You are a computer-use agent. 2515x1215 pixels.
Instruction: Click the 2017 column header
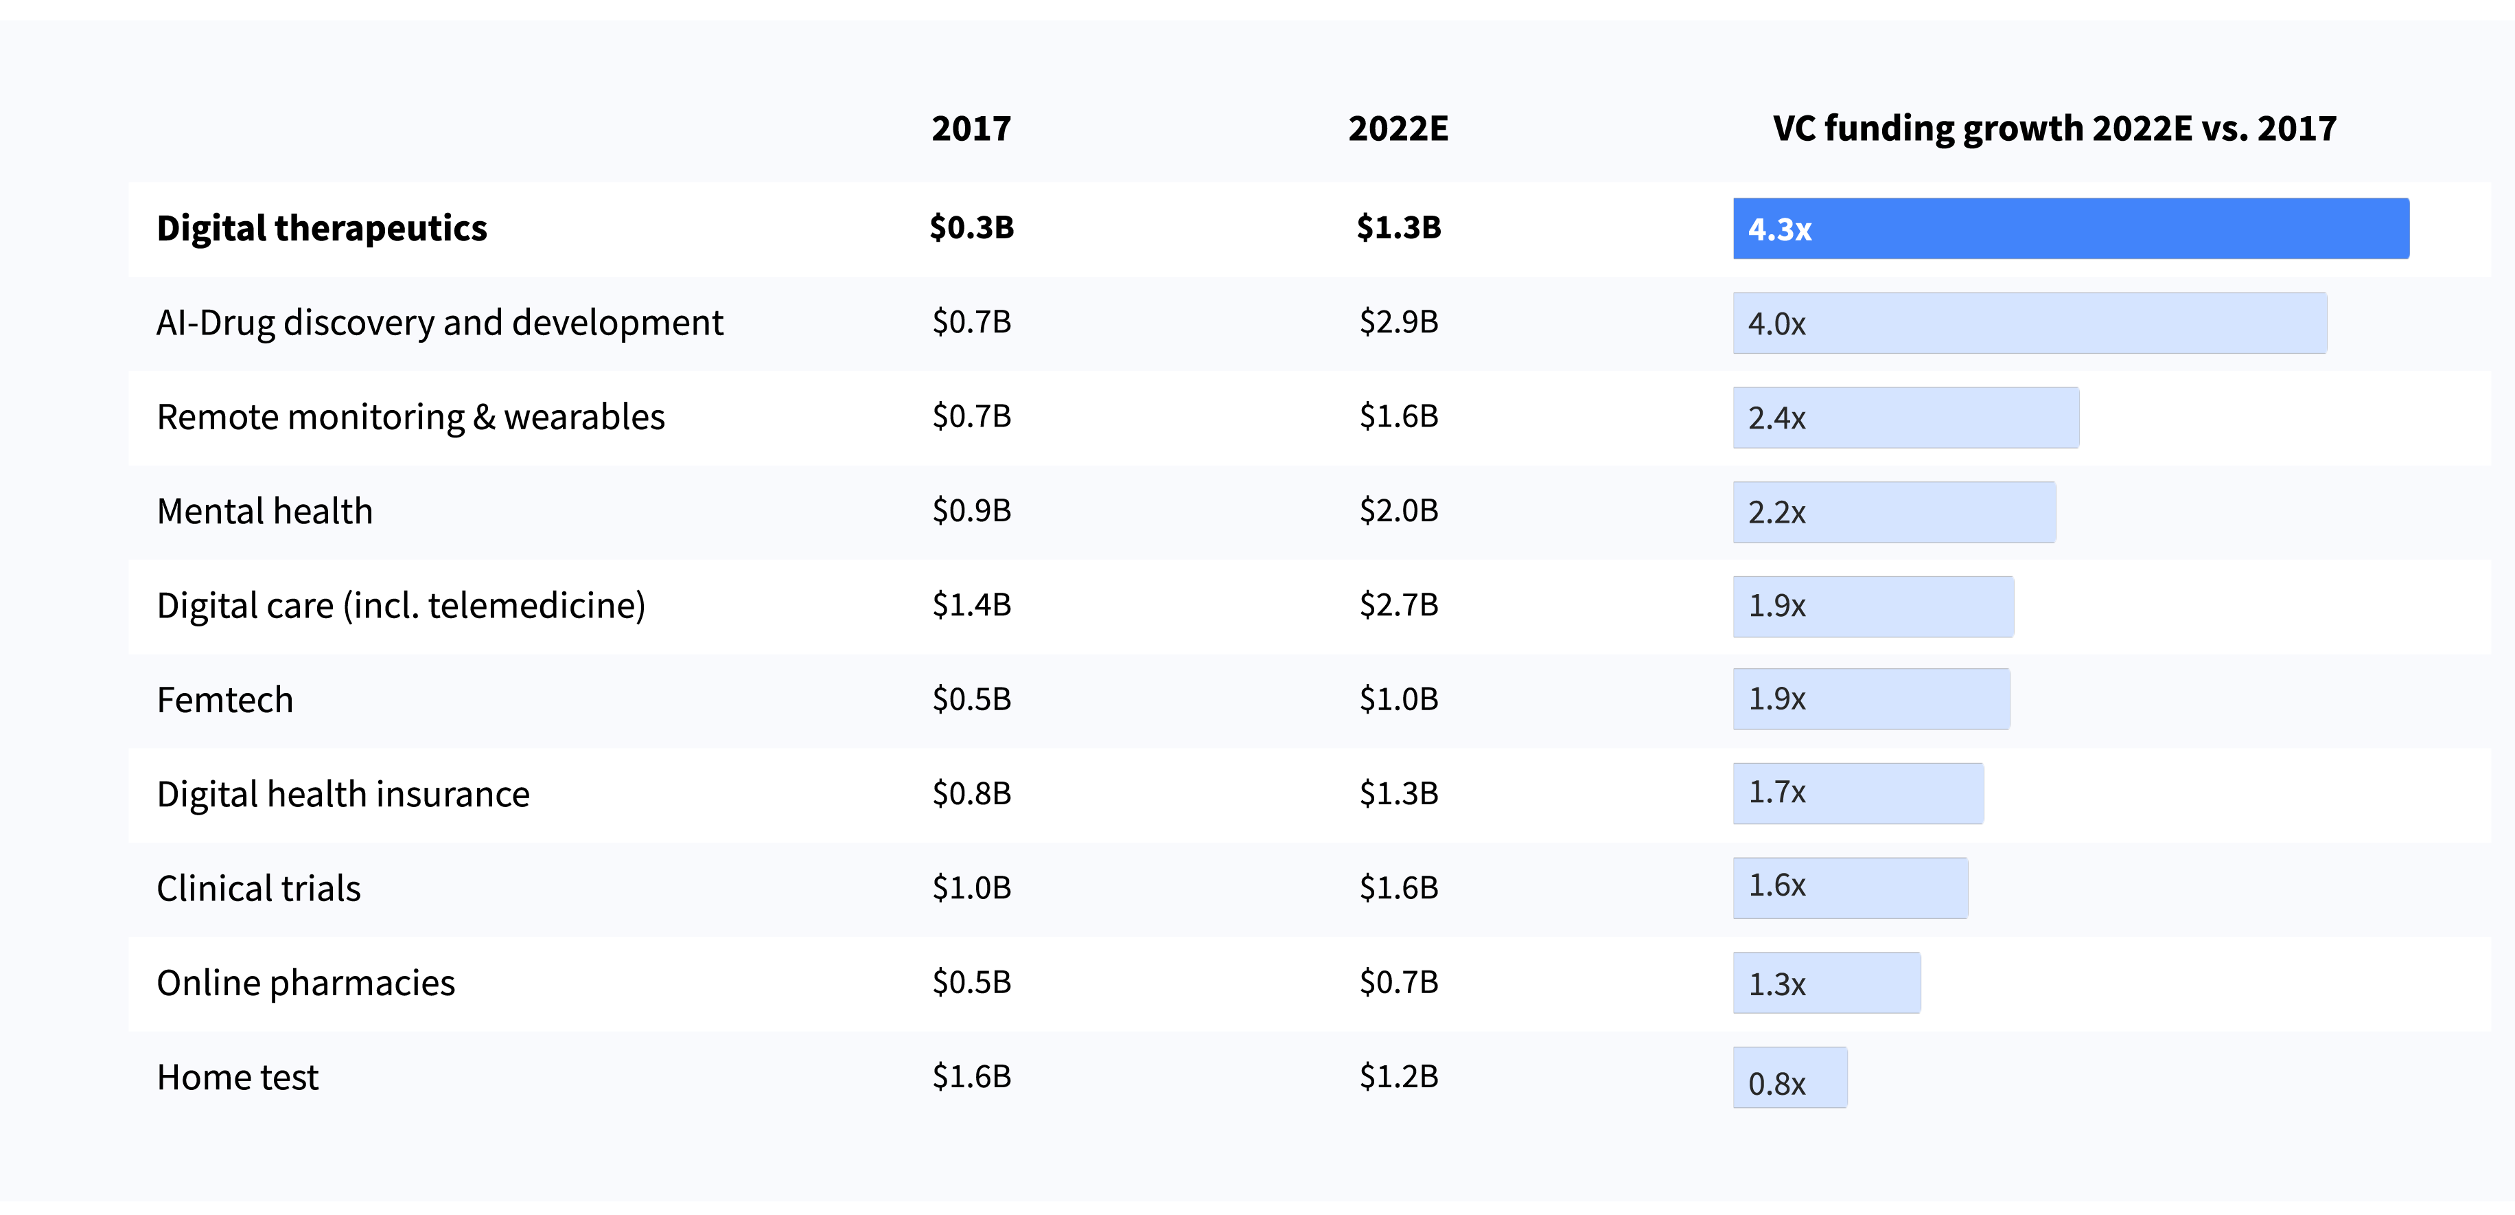[x=971, y=128]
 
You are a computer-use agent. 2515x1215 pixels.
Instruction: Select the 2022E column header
[x=1398, y=128]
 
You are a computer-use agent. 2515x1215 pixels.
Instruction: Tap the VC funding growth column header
[x=2054, y=128]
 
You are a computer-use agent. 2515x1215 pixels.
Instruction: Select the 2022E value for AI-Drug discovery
[x=1398, y=321]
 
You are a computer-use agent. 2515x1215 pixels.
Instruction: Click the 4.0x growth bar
[x=2029, y=323]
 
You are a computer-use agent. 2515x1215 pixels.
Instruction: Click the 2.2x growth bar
[x=1893, y=512]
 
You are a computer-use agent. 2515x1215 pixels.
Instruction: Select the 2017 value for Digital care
[x=971, y=604]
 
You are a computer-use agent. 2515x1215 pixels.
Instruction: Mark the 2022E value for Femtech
[x=1398, y=699]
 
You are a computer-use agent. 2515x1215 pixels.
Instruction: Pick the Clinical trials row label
[x=259, y=888]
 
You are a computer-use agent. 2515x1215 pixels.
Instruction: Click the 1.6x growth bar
[x=1849, y=887]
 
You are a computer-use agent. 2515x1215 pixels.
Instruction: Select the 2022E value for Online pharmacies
[x=1398, y=981]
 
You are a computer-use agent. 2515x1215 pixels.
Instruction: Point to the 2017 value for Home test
[x=971, y=1076]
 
